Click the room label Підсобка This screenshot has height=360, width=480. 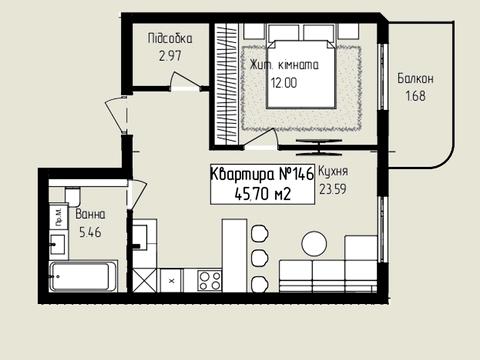(170, 38)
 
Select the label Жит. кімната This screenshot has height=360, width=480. (284, 66)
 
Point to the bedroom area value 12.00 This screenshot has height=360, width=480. (283, 84)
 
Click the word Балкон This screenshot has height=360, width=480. (415, 78)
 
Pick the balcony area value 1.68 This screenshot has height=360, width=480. (415, 96)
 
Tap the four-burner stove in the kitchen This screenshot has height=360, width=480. (209, 280)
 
